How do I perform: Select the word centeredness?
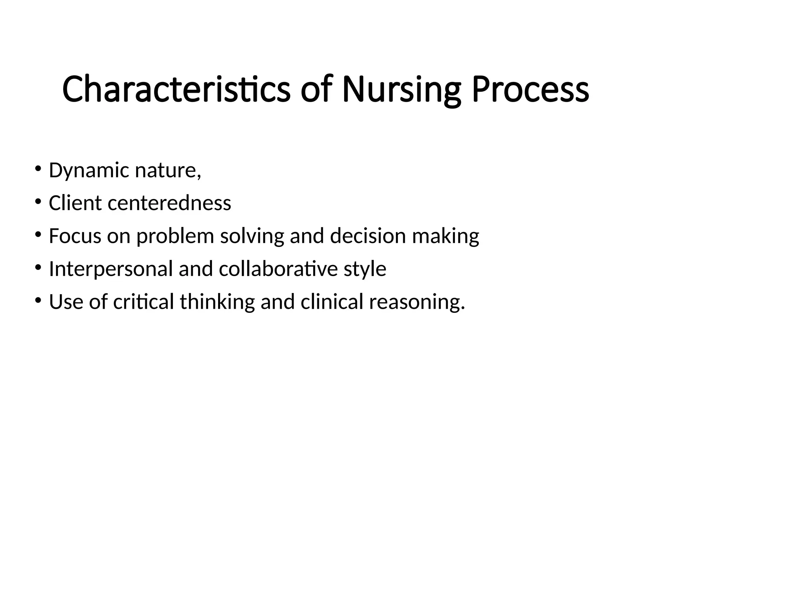[169, 203]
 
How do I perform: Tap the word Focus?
[75, 236]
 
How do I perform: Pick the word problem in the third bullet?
[175, 237]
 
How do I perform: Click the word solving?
[252, 237]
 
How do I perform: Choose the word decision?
[368, 236]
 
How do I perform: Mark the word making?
[445, 237]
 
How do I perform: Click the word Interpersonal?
[111, 269]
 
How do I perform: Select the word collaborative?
[278, 269]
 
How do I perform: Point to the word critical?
[144, 302]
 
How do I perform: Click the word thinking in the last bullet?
[217, 302]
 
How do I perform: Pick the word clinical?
[332, 302]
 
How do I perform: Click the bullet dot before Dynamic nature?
[38, 169]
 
